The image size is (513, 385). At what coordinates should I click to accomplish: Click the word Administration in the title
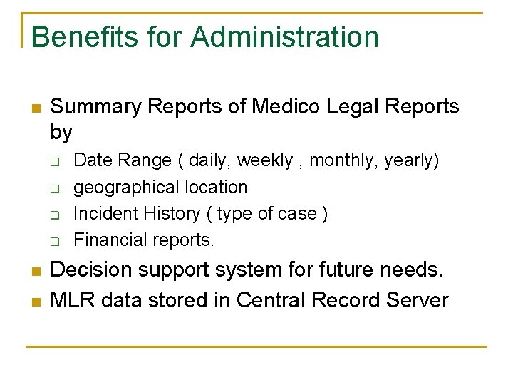pos(285,37)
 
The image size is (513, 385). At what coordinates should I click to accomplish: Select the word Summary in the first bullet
pos(96,107)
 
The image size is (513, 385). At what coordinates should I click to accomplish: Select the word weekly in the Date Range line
pos(264,160)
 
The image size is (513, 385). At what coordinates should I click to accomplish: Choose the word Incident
pos(102,213)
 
